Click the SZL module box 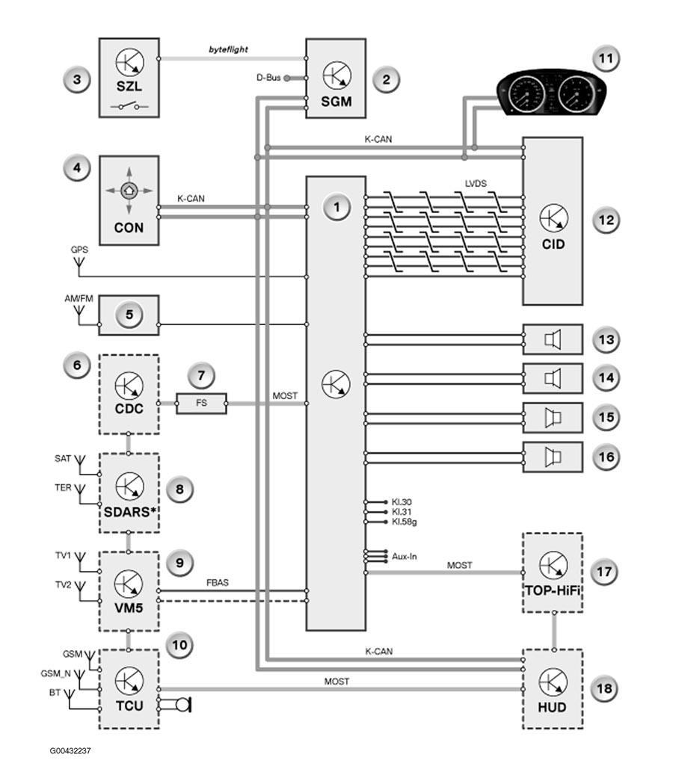tap(129, 78)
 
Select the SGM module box tap(336, 78)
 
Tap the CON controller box tap(129, 200)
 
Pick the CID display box tap(553, 221)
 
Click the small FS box tap(201, 403)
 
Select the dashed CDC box tap(129, 395)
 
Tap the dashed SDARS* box tap(129, 493)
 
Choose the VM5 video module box tap(129, 591)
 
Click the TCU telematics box tap(129, 689)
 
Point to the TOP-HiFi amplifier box tap(553, 572)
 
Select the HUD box tap(553, 689)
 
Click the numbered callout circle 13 tap(606, 339)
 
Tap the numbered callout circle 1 tap(336, 207)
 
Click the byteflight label tap(228, 49)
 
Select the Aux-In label tap(405, 557)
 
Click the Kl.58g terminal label tap(405, 522)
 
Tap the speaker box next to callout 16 tap(553, 457)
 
